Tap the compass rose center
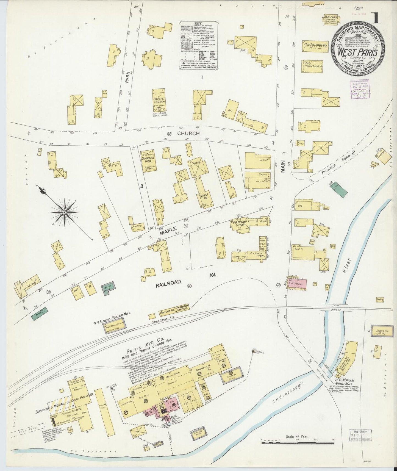coord(65,212)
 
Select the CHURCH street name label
coord(188,133)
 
